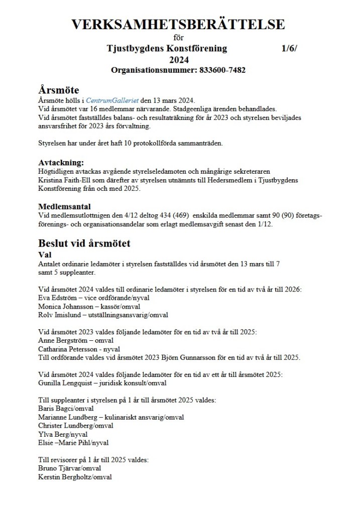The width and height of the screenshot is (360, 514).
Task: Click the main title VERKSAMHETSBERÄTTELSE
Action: coord(179,25)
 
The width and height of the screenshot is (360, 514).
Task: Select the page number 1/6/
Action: coord(290,49)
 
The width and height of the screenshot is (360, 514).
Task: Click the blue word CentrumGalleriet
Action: coord(116,100)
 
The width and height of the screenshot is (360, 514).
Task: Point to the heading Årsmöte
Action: coord(59,90)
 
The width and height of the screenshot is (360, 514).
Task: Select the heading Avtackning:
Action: coord(61,163)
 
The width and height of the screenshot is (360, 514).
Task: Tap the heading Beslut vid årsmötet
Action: coord(84,243)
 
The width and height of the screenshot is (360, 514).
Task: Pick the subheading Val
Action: coord(45,255)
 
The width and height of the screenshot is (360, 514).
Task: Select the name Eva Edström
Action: coord(57,298)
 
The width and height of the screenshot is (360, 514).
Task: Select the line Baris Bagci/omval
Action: coord(69,409)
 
